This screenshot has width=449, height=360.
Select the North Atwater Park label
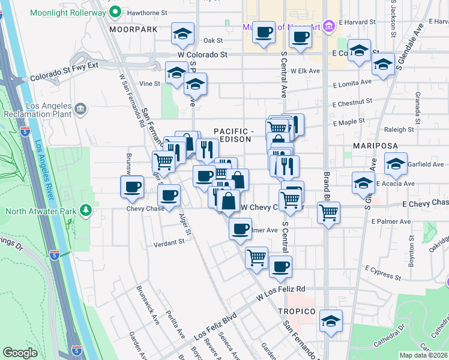(x=41, y=211)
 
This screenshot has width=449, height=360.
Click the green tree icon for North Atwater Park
(x=86, y=210)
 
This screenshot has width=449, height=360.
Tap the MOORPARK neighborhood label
(x=133, y=29)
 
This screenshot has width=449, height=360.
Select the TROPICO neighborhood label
(x=297, y=311)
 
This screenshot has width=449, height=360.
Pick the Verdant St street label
(x=168, y=242)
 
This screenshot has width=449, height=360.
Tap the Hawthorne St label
(x=147, y=13)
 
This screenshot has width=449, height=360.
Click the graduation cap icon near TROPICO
(x=330, y=321)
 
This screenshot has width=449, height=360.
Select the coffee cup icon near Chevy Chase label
(x=169, y=195)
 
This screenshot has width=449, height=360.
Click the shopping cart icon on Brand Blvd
(x=328, y=212)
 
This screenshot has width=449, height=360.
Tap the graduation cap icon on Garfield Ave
(x=396, y=163)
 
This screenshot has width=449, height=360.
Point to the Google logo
(x=20, y=353)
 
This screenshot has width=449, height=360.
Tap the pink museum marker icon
(x=328, y=26)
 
